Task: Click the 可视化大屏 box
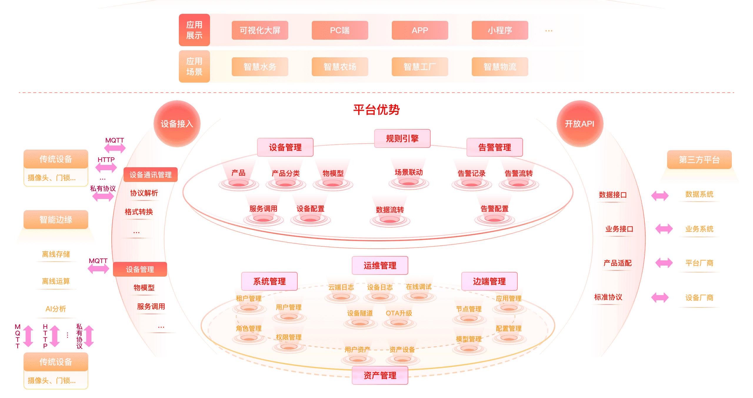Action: point(260,30)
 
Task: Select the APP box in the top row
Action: point(420,30)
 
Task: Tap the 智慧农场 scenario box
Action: point(340,67)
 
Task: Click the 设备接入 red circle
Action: point(177,124)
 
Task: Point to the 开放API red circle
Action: point(580,124)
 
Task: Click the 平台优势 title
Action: point(376,110)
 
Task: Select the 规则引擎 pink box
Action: point(402,138)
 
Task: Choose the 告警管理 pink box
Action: point(494,147)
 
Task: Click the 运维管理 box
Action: point(380,265)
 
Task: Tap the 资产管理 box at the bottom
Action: point(380,375)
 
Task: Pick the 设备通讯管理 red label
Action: point(150,175)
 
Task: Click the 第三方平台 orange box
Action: point(699,160)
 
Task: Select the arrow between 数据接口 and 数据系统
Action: point(660,195)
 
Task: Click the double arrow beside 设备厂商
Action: point(660,297)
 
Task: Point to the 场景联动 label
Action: point(409,172)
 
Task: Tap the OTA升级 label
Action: point(399,313)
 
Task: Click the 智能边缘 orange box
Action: point(56,220)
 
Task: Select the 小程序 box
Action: point(500,30)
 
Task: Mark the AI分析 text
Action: point(56,309)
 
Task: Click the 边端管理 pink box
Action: point(489,281)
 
